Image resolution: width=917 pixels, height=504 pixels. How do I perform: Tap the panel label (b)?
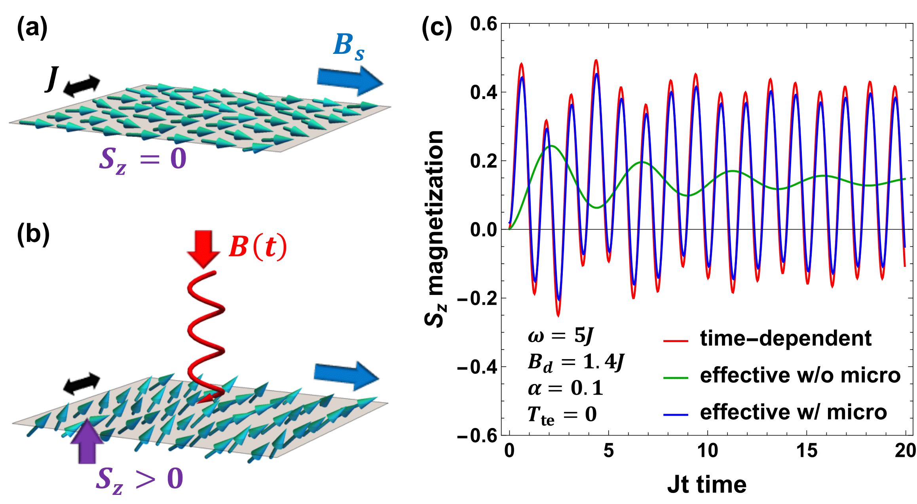pyautogui.click(x=33, y=234)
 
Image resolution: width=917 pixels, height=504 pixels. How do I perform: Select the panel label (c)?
pyautogui.click(x=437, y=29)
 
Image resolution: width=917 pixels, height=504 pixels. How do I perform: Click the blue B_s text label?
pyautogui.click(x=348, y=47)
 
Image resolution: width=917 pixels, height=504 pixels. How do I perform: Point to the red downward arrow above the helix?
pyautogui.click(x=204, y=249)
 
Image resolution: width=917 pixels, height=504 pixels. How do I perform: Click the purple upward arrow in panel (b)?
pyautogui.click(x=87, y=442)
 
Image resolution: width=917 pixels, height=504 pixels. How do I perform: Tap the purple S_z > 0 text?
pyautogui.click(x=139, y=479)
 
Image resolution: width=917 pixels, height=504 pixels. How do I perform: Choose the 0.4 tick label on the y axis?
pyautogui.click(x=483, y=92)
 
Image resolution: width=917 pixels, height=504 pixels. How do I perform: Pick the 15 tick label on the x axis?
pyautogui.click(x=807, y=451)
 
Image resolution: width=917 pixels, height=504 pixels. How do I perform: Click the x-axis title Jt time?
pyautogui.click(x=707, y=484)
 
